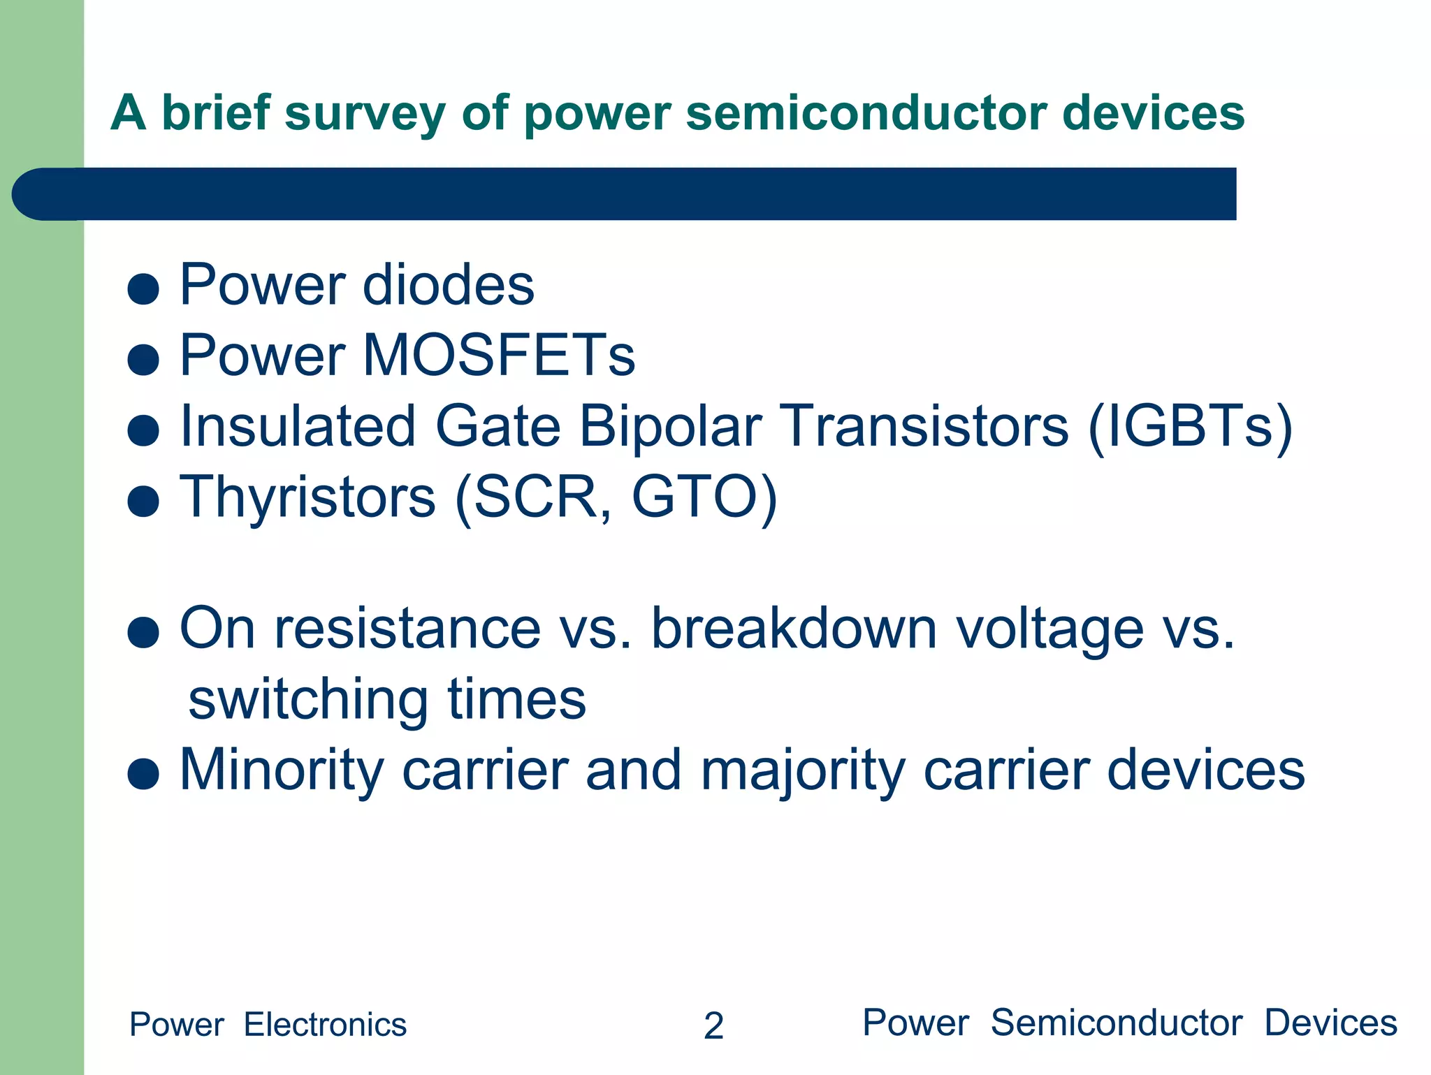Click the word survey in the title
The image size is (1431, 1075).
365,114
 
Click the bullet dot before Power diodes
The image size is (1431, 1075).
144,288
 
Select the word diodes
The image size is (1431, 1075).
448,285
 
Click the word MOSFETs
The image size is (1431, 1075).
499,356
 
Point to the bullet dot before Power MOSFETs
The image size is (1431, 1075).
144,360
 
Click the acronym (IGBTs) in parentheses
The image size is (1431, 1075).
1190,427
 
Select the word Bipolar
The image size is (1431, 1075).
670,427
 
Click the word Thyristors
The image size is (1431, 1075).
308,497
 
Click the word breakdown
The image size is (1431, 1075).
794,628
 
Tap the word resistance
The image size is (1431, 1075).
407,628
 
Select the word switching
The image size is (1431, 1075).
308,700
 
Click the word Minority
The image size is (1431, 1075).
282,770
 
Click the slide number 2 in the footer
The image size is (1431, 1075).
713,1026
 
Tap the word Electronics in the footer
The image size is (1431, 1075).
325,1025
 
